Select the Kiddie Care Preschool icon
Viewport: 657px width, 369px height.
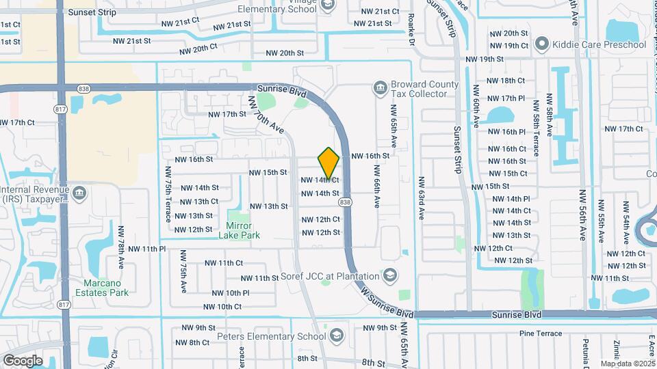tap(542, 45)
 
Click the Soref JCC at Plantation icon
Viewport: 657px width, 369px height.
tap(389, 276)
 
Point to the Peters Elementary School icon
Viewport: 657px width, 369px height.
tap(336, 336)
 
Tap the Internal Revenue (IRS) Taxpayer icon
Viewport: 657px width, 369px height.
tap(80, 193)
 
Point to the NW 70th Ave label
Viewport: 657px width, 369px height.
tap(266, 114)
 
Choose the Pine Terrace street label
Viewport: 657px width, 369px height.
tap(541, 333)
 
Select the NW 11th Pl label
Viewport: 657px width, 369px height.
tap(144, 249)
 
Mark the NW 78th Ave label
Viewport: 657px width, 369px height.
tap(120, 247)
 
